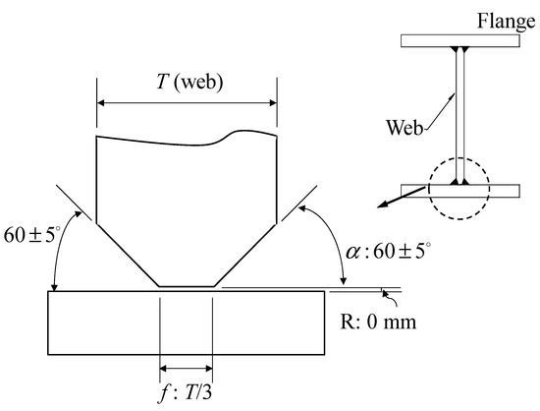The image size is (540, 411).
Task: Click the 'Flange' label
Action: pyautogui.click(x=506, y=21)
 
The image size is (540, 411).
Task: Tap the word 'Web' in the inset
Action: pyautogui.click(x=404, y=127)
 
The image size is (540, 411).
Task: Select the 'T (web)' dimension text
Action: pyautogui.click(x=189, y=83)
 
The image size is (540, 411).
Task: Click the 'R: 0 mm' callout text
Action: pyautogui.click(x=378, y=323)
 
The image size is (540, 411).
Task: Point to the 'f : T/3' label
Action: pyautogui.click(x=185, y=392)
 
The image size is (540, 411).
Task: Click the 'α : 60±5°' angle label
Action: pyautogui.click(x=388, y=251)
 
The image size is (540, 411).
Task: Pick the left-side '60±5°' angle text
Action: pyautogui.click(x=32, y=235)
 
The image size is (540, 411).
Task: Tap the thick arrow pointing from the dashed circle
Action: pyautogui.click(x=402, y=198)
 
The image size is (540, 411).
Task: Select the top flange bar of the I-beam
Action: pyautogui.click(x=460, y=40)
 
